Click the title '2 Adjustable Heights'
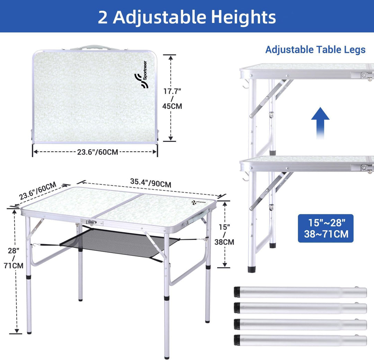click(187, 17)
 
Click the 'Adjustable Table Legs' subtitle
click(315, 49)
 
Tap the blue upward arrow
click(320, 123)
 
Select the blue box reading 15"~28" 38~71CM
click(326, 228)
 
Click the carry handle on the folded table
click(94, 47)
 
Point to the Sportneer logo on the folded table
click(141, 75)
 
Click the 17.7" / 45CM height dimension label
click(172, 98)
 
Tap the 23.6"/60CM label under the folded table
click(98, 152)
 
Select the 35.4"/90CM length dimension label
click(151, 183)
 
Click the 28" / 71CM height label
click(14, 258)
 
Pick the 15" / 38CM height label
click(224, 235)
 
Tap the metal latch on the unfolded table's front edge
click(91, 223)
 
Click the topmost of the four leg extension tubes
click(300, 292)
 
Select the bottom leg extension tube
click(300, 340)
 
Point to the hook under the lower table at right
click(246, 177)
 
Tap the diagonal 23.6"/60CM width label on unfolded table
click(38, 190)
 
